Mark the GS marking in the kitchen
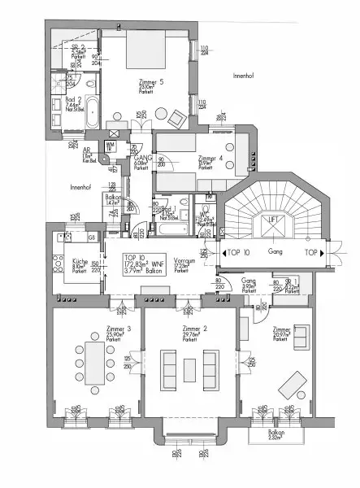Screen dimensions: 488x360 coord(92,237)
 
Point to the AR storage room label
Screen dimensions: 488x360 coord(87,153)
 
